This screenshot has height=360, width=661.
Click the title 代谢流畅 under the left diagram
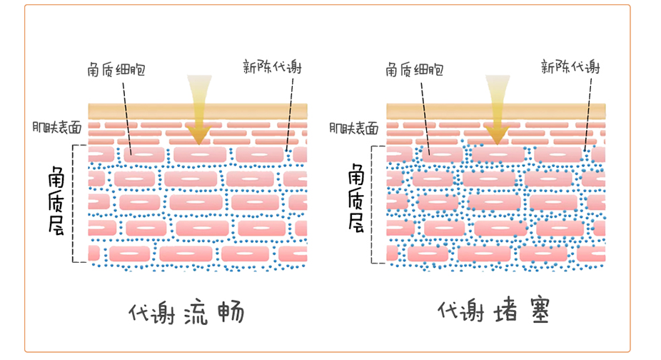point(187,313)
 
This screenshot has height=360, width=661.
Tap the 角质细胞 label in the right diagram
point(414,70)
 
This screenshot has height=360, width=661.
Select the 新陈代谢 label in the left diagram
point(272,68)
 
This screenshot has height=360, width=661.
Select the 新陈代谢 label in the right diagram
point(570,68)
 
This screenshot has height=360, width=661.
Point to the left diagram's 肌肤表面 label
point(56,127)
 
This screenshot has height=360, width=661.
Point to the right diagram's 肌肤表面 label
point(355,127)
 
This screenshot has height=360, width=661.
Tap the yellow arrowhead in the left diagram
point(199,133)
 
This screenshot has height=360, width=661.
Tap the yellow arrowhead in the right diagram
point(498,133)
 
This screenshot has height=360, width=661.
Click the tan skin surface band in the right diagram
point(543,111)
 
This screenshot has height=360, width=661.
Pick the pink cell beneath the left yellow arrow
point(199,154)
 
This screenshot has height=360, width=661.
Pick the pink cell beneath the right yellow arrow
point(498,154)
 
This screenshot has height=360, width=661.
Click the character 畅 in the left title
point(230,313)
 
